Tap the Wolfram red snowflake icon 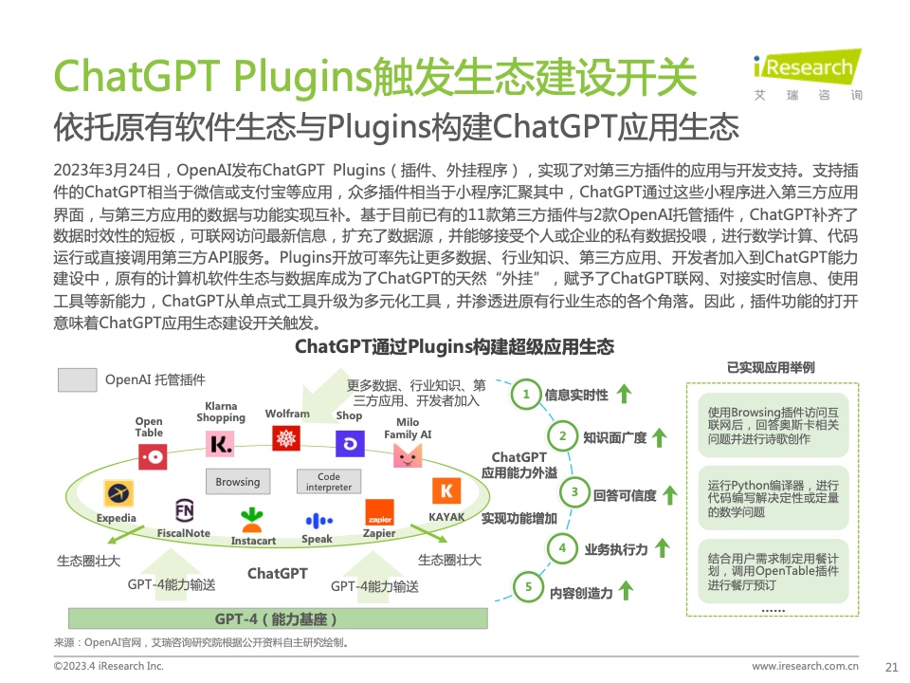286,438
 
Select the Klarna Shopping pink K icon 221,444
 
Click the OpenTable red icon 153,457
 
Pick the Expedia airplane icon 118,493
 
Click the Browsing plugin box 238,482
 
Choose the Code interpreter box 329,482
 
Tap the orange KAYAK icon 446,490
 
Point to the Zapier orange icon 379,511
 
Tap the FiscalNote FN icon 185,511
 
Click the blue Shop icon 350,444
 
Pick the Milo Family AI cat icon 408,455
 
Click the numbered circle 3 574,492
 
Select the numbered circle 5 528,586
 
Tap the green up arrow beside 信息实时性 624,394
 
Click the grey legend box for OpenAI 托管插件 77,379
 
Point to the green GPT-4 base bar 278,618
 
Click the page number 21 891,667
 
